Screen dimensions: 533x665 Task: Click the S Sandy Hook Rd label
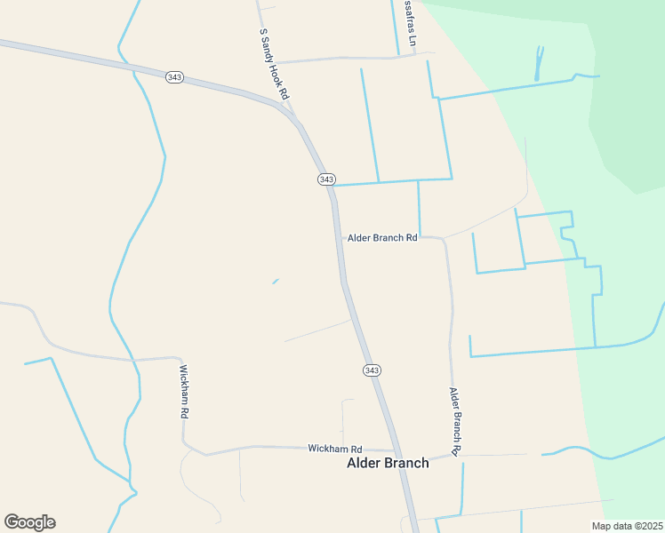[x=275, y=63]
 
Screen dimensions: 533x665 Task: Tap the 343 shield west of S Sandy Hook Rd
[x=174, y=77]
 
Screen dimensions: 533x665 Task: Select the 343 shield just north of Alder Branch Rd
[x=326, y=179]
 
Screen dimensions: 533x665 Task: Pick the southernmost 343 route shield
[x=372, y=370]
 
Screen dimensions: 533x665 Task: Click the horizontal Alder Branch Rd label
[x=382, y=238]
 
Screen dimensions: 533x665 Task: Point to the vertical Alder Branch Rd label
[x=454, y=421]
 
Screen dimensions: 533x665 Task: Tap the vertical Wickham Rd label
[x=183, y=392]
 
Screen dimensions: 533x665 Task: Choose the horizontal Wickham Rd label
[x=335, y=449]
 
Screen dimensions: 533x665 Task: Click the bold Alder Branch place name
[x=388, y=463]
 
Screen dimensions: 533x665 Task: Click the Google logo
[x=29, y=522]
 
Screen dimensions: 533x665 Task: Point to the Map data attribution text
[x=626, y=526]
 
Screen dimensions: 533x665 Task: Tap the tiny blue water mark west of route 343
[x=276, y=282]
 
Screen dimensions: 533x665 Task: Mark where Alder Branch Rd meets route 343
[x=339, y=237]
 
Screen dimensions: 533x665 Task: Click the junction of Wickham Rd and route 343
[x=397, y=451]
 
